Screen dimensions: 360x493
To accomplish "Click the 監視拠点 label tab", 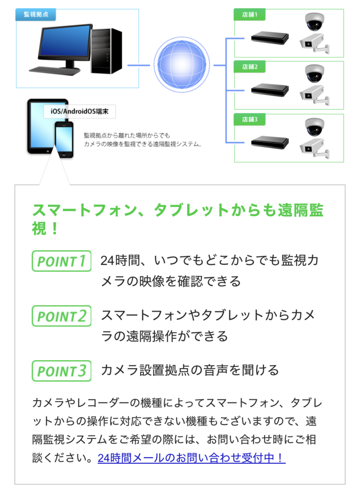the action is tap(36, 14).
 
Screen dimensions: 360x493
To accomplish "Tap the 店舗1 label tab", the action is tap(250, 14).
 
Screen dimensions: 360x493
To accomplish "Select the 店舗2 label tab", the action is tap(250, 66).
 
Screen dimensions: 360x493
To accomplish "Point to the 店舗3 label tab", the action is tap(250, 119).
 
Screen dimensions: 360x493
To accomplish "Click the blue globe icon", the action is tap(182, 65).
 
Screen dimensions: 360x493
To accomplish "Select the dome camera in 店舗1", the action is tap(314, 21).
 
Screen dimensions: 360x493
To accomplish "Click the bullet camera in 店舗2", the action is tap(315, 95).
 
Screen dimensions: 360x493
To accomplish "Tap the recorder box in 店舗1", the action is tap(270, 38).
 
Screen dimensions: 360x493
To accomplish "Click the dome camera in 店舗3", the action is tap(314, 127).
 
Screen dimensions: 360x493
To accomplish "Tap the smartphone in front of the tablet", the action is tap(64, 140).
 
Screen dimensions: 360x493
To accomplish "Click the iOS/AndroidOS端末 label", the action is tap(79, 111).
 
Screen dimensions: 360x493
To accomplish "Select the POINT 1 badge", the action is tap(62, 261).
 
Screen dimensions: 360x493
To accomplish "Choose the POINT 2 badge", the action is tap(62, 316).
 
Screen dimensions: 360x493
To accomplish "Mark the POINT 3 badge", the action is tap(62, 371).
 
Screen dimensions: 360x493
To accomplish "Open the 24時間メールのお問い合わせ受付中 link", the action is tap(192, 458).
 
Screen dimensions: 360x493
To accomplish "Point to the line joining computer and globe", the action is tap(139, 65).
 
